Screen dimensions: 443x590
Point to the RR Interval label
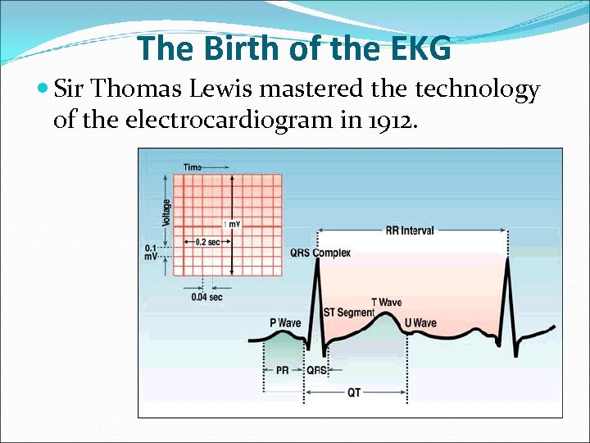click(409, 231)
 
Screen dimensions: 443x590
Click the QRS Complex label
click(320, 253)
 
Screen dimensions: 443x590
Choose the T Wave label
click(386, 303)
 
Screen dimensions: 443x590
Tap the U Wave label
click(420, 323)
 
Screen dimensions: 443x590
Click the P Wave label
click(285, 322)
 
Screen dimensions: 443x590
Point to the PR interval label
click(282, 370)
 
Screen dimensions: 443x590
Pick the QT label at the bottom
click(354, 393)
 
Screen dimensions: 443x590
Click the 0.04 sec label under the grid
click(206, 297)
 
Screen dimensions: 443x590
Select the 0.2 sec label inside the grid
click(208, 242)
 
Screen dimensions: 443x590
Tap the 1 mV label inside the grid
click(231, 224)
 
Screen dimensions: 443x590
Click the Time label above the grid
click(193, 167)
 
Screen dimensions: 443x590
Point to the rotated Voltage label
click(167, 213)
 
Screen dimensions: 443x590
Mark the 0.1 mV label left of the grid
click(152, 251)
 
